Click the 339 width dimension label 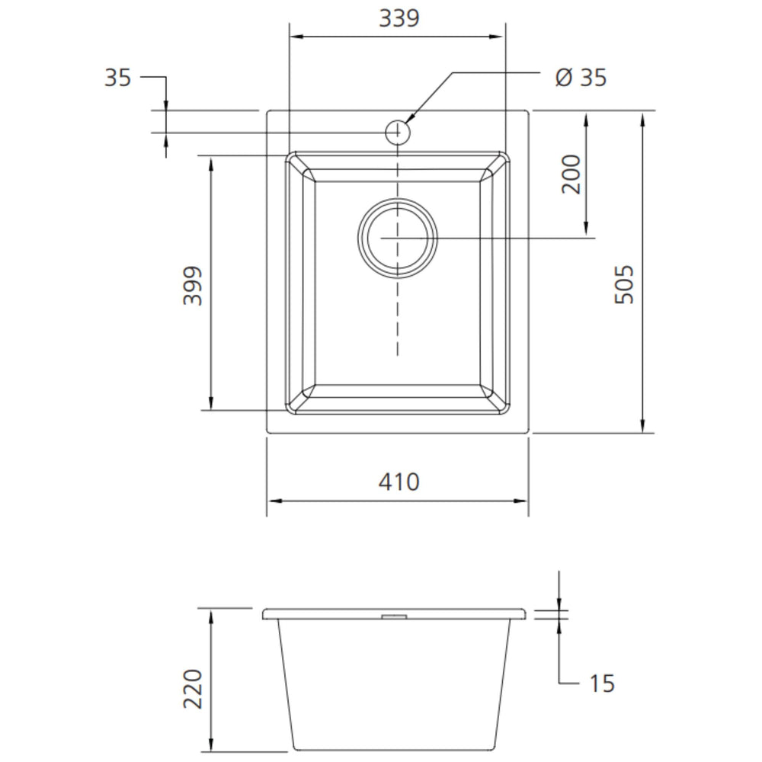pos(399,18)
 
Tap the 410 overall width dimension pos(399,482)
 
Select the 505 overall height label pos(625,285)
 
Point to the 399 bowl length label pos(193,285)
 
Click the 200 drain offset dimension pos(571,174)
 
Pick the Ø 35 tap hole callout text pos(581,77)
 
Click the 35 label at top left pos(117,77)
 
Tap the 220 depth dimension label pos(193,689)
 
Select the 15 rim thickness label pos(602,684)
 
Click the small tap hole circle pos(398,132)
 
